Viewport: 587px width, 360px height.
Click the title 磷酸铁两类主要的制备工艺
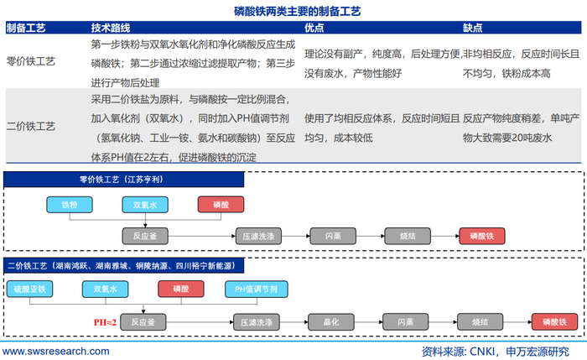(297, 11)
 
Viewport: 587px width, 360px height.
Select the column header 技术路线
(111, 28)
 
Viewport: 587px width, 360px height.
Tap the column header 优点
(314, 28)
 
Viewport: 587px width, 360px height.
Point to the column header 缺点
(472, 28)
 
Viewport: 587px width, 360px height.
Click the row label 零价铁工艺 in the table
(31, 61)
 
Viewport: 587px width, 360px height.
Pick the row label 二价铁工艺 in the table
(31, 126)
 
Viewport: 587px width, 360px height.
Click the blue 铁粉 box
(70, 205)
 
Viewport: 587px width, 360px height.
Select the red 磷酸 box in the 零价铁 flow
(221, 205)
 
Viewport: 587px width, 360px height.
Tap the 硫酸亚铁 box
(29, 289)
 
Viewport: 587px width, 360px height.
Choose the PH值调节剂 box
(257, 289)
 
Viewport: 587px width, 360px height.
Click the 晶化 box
(331, 321)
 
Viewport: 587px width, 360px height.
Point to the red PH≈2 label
(105, 322)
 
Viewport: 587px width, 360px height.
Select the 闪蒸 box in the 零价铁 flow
(333, 236)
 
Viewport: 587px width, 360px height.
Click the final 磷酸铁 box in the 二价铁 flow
(554, 321)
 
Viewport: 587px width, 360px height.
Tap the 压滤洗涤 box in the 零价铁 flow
(258, 236)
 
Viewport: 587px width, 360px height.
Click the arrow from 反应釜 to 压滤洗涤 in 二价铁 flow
(200, 321)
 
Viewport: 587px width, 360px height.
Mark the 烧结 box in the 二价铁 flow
(480, 321)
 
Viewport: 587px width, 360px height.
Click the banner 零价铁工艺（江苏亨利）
(123, 180)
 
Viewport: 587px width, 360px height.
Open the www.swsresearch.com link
(56, 352)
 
